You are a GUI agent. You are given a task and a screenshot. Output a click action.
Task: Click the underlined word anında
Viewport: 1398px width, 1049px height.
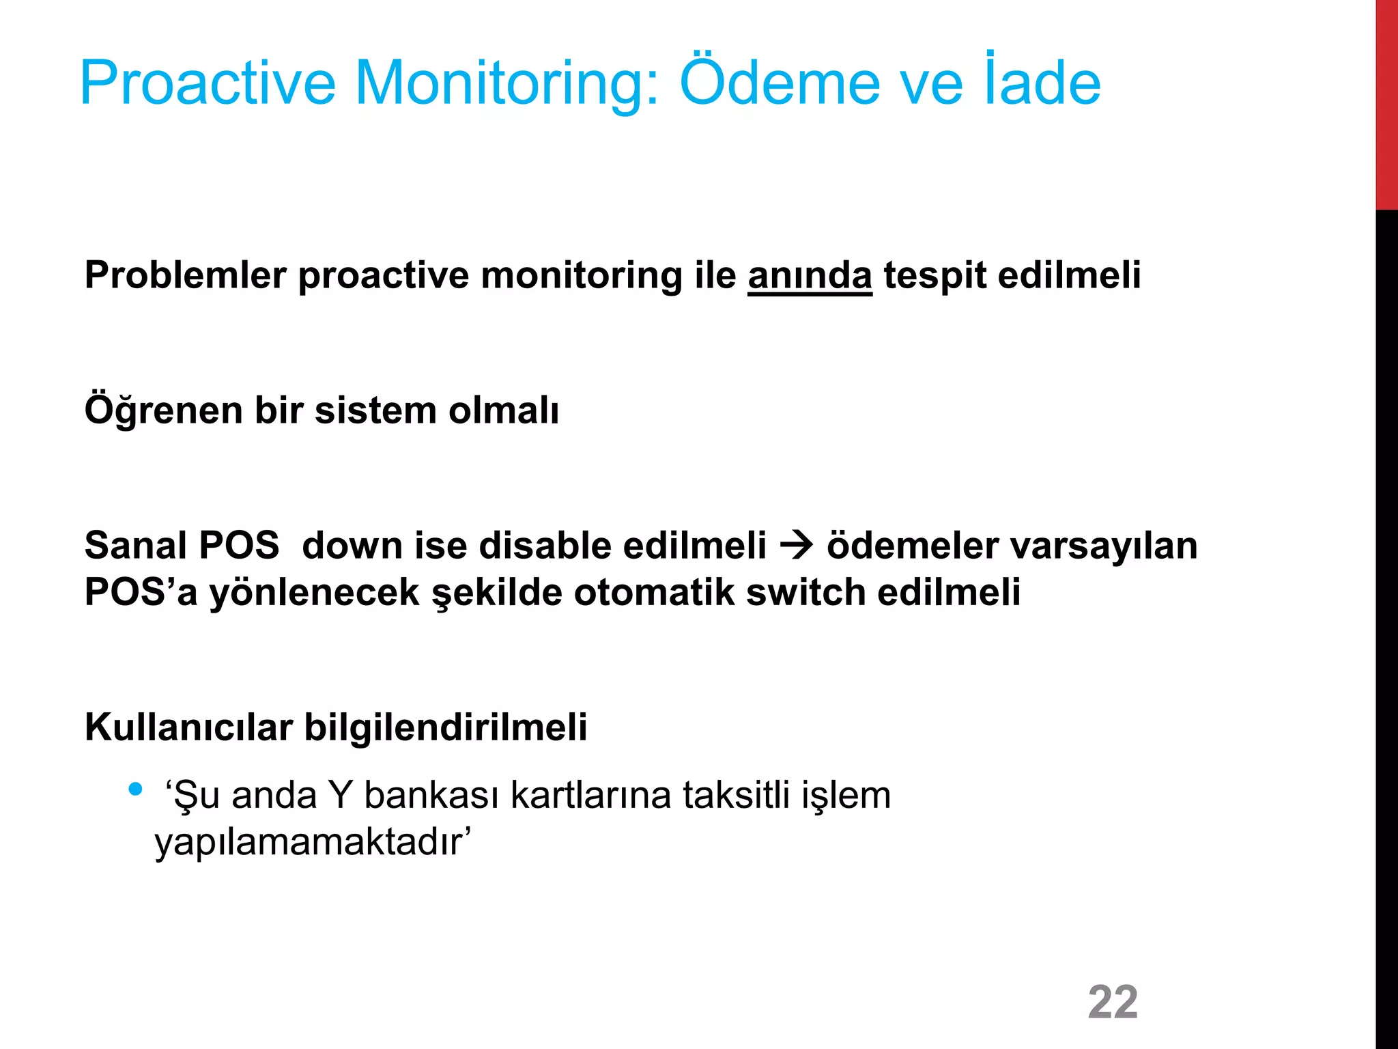(810, 277)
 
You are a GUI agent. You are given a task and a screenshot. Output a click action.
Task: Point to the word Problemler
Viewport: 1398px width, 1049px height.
(185, 277)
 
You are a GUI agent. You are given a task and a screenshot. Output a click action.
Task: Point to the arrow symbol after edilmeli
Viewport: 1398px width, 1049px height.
(796, 545)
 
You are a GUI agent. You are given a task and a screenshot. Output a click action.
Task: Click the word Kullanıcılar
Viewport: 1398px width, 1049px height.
(188, 727)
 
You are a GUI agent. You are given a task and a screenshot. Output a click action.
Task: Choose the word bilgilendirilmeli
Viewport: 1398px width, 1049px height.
(445, 727)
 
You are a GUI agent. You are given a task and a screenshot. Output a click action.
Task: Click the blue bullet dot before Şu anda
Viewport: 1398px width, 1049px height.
(135, 789)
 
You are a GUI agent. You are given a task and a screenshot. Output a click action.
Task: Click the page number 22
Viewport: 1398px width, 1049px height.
(1113, 1002)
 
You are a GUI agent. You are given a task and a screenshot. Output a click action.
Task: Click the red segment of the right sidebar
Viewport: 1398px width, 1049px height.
(1386, 102)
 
